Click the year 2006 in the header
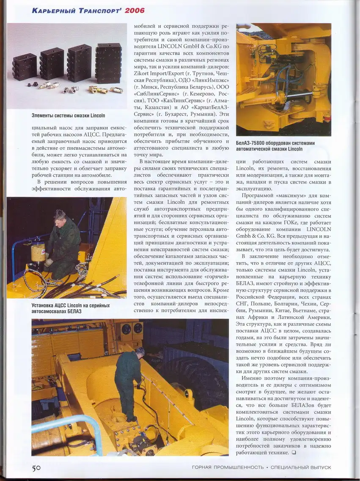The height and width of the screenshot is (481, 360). click(135, 10)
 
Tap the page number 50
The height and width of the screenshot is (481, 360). click(36, 467)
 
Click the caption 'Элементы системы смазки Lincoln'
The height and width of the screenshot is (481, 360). click(68, 115)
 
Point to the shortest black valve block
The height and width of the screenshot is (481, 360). click(25, 67)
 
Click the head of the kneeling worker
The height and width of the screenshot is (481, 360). click(60, 215)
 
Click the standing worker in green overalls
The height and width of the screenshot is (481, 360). click(128, 383)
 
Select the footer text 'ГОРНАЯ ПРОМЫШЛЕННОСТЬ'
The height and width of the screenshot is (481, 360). click(227, 467)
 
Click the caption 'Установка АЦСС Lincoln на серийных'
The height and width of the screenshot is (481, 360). click(71, 305)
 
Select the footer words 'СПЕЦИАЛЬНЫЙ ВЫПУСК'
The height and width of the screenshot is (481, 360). click(300, 467)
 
